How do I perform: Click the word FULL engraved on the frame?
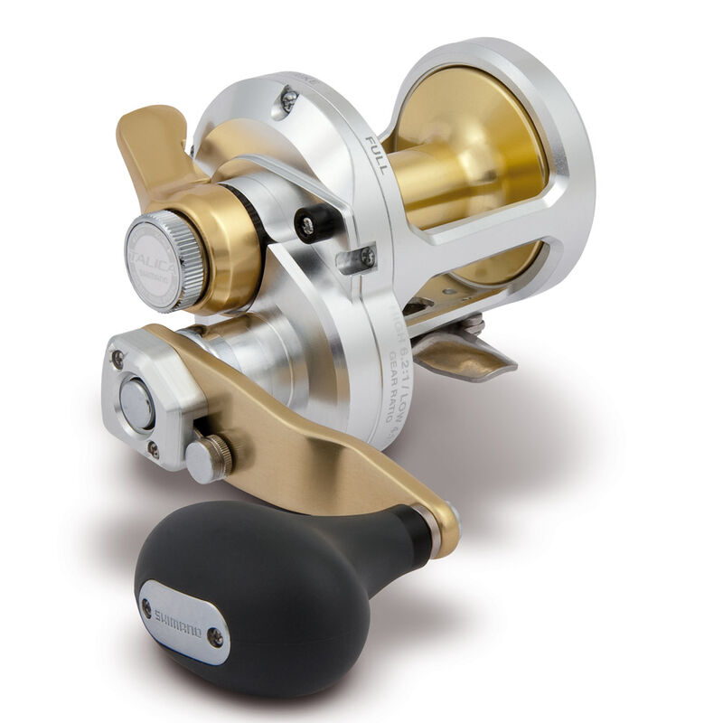coord(375,154)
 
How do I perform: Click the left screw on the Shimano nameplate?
coord(147,607)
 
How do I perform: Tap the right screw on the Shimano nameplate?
coord(215,636)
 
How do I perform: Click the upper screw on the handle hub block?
coord(117,359)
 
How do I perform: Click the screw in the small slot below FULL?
coord(366,257)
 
